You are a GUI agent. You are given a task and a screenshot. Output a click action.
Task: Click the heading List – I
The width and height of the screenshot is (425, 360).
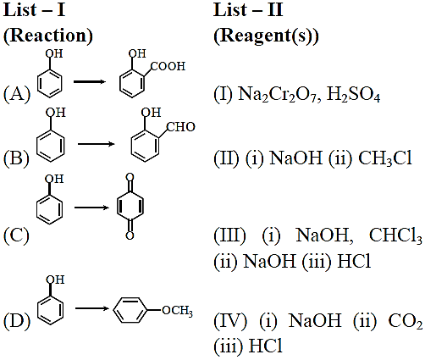34,10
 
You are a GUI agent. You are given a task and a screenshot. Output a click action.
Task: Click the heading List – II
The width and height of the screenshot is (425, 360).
248,10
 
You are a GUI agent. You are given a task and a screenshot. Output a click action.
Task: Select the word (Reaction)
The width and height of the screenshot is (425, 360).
48,36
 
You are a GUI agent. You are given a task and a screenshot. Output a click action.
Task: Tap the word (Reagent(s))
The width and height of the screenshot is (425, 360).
266,36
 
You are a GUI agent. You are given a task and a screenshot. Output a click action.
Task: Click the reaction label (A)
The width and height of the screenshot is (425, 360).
17,94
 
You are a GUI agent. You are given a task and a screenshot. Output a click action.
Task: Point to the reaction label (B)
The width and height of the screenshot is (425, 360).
16,158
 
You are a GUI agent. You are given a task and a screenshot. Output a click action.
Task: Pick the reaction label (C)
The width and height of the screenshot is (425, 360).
16,235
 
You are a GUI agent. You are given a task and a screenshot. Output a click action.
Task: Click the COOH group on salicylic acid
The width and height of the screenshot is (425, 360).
168,66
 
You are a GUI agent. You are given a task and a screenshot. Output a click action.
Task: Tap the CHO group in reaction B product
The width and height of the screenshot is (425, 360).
180,127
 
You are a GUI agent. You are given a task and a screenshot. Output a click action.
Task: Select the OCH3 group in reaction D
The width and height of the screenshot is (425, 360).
178,311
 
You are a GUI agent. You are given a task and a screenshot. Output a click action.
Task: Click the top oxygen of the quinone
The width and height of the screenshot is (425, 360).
130,178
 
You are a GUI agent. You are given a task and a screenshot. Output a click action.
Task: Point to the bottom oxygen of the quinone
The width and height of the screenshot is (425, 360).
130,235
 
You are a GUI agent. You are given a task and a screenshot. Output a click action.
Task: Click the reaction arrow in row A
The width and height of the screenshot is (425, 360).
90,82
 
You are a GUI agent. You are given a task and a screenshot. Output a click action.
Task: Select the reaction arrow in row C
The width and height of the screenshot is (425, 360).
91,208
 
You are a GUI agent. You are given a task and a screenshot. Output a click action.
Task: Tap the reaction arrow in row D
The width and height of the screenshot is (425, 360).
92,308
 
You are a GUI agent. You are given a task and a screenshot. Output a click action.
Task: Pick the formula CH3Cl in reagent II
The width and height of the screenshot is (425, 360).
385,158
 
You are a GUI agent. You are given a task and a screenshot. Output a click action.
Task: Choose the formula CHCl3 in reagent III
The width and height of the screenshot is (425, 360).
395,235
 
